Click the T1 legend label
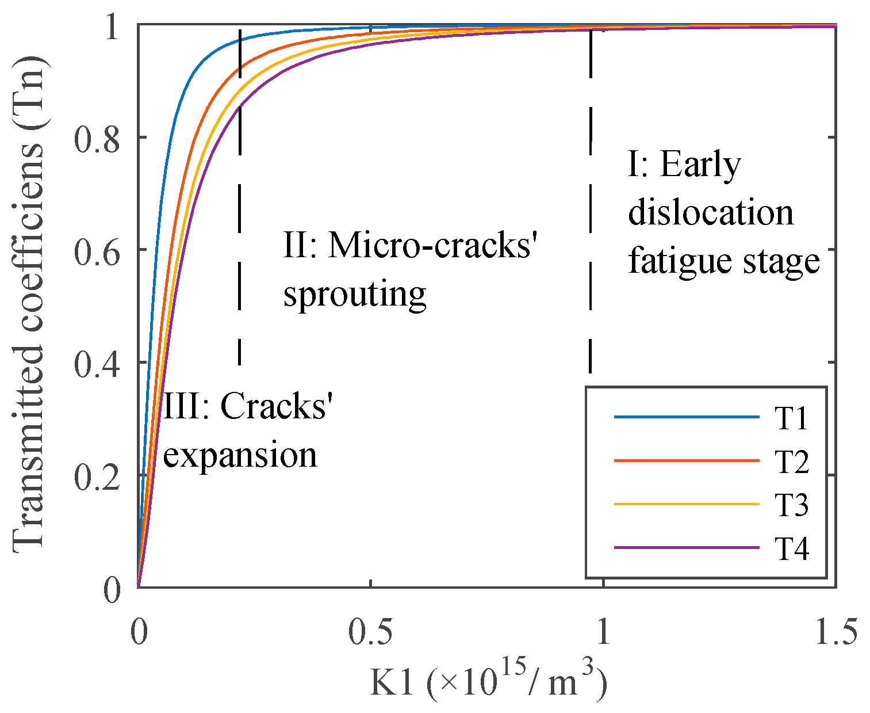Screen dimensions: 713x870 coord(791,418)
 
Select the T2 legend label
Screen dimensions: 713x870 coord(791,462)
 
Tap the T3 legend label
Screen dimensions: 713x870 coord(791,505)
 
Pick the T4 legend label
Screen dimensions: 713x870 coord(791,549)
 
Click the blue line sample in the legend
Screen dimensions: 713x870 coord(687,417)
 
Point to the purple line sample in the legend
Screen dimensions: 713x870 coord(687,547)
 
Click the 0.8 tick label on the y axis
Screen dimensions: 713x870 coord(97,138)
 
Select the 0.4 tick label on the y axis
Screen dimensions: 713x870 coord(97,363)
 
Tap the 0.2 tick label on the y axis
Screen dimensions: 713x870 coord(97,476)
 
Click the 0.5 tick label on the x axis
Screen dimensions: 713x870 coord(371,631)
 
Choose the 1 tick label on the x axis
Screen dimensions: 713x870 coord(603,631)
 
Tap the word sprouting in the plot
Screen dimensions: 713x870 coord(355,295)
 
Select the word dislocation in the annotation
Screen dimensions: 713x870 coord(711,212)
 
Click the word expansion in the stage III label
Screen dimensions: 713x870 coord(240,456)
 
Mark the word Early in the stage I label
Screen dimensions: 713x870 coord(700,165)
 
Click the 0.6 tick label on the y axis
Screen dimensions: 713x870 coord(97,251)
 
